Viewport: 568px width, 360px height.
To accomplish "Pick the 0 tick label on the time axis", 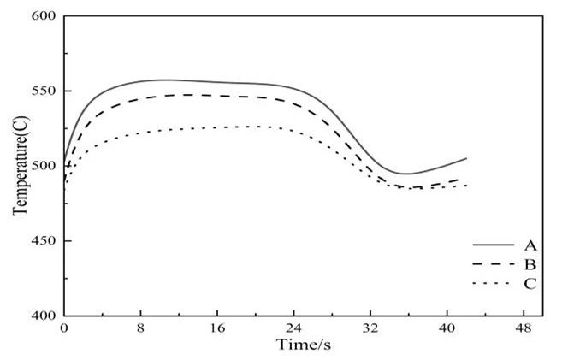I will coord(63,328).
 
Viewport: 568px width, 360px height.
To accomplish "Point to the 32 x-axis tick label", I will coord(370,328).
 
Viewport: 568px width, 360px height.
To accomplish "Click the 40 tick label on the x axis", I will coord(447,328).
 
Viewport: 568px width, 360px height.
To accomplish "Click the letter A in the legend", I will coord(530,245).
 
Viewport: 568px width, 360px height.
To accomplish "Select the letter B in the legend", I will coord(530,264).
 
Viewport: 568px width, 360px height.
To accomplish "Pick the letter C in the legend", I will coord(530,284).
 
